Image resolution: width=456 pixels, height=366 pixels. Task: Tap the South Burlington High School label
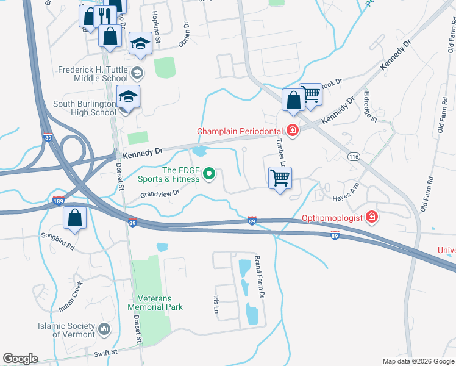point(84,108)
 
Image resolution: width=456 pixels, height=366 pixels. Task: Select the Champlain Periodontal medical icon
point(292,131)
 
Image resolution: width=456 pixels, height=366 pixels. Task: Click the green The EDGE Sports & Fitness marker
point(209,174)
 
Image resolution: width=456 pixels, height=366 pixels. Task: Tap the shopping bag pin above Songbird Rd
point(74,218)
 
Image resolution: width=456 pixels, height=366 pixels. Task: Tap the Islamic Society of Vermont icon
point(104,329)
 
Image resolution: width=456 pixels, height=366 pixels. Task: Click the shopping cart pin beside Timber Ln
point(280,178)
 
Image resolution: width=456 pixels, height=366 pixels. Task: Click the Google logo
point(20,359)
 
